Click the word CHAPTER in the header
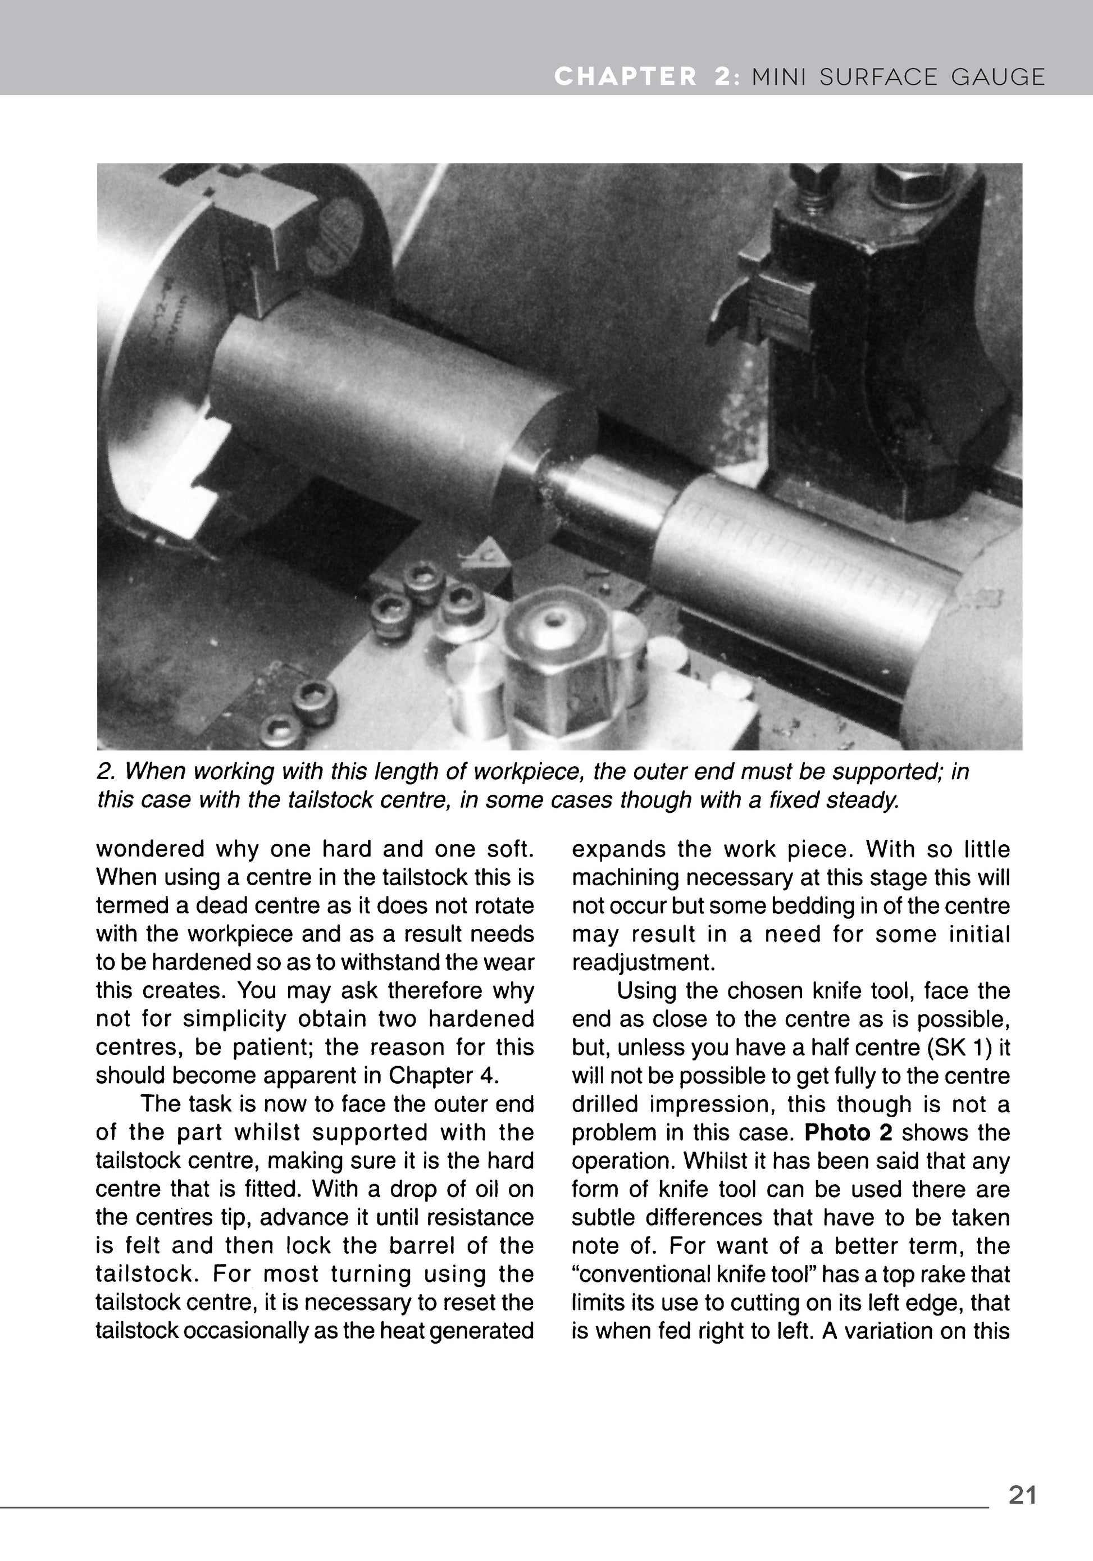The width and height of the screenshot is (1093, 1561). click(x=625, y=77)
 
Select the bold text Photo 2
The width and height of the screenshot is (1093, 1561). click(x=848, y=1132)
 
